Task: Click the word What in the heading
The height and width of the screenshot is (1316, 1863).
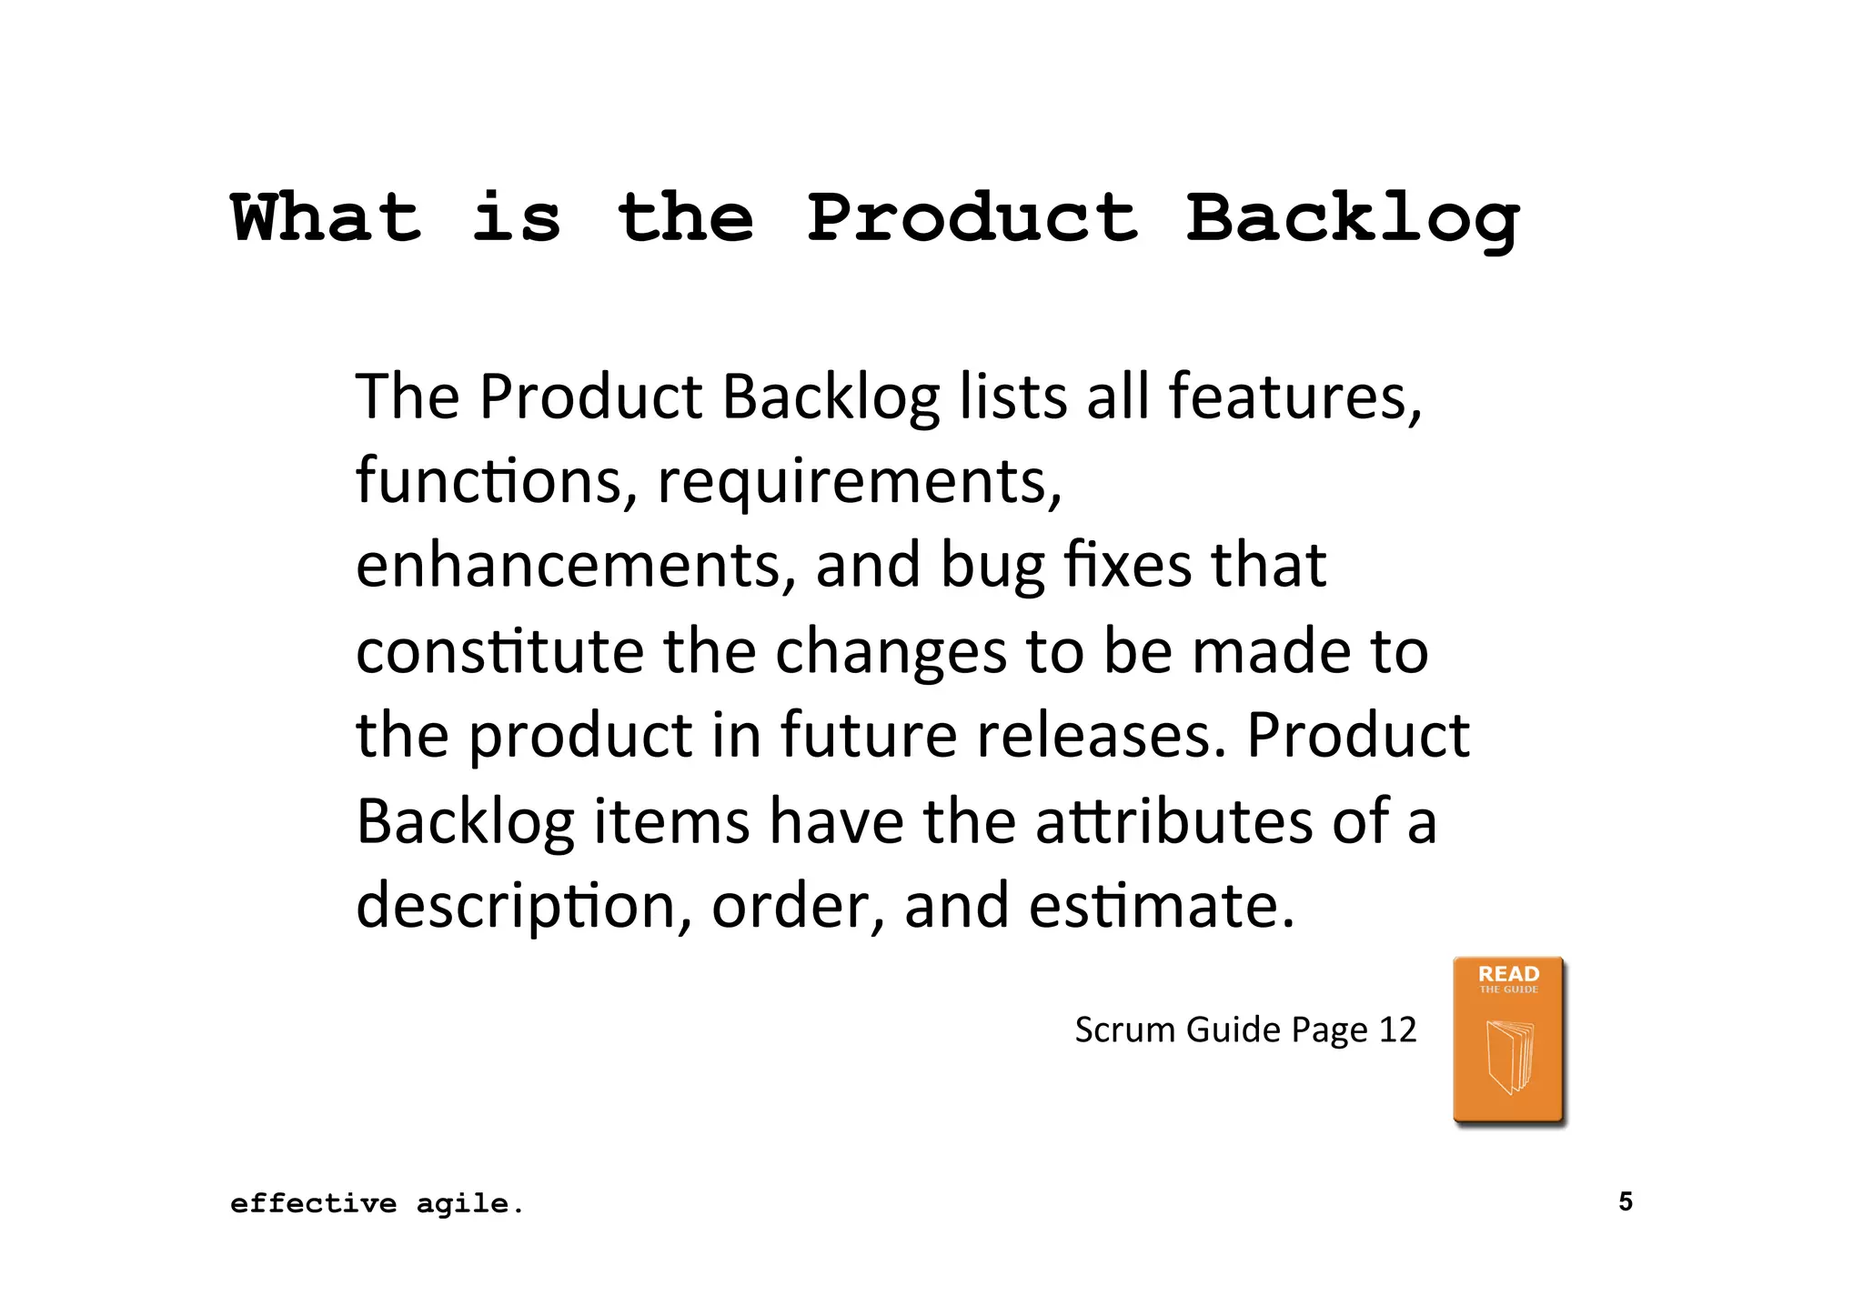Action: point(327,218)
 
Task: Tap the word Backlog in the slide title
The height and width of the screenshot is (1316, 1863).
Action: point(1353,220)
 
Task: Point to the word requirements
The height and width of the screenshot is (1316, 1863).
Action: point(859,482)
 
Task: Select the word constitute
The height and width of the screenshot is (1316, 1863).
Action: point(499,651)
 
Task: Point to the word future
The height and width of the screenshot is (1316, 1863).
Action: point(869,735)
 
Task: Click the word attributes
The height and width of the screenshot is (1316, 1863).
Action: point(1173,820)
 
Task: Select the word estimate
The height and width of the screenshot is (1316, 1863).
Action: point(1162,906)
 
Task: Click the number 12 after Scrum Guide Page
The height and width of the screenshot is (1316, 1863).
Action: point(1398,1030)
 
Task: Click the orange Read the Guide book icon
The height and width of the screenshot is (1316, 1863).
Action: point(1508,1041)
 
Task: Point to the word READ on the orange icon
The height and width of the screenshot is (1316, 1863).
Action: point(1508,973)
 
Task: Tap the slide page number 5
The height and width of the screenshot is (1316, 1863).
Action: point(1626,1201)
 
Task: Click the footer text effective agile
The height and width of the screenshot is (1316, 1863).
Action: point(377,1204)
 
